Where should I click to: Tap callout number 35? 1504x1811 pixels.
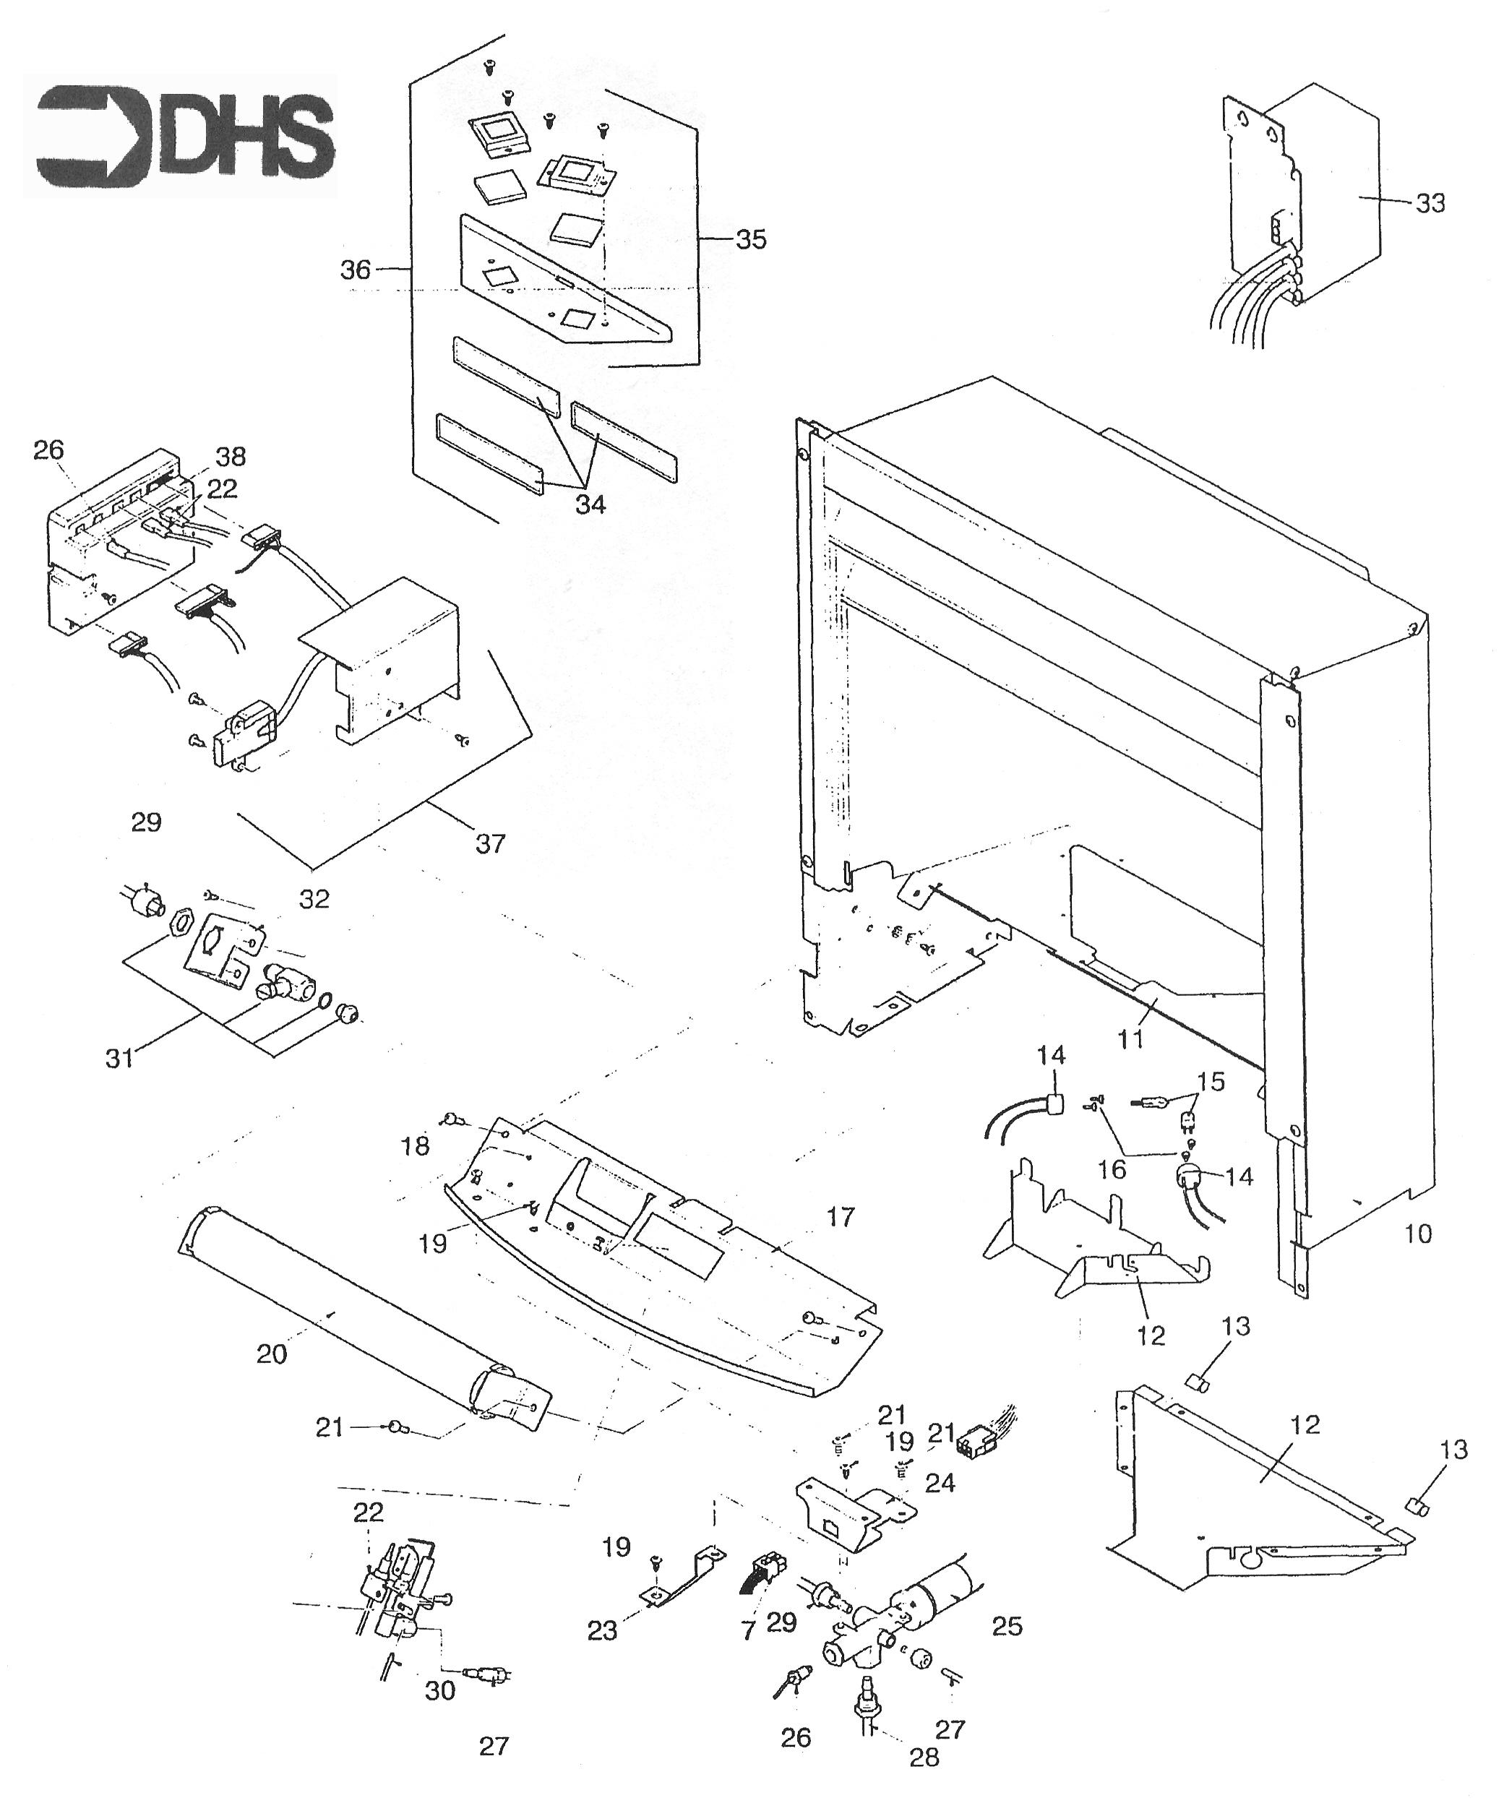coord(750,239)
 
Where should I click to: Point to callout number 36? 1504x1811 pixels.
coord(356,270)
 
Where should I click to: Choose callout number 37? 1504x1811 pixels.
coord(490,843)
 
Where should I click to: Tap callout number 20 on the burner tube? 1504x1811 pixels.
coord(272,1354)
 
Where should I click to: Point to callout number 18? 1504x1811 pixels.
coord(416,1146)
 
